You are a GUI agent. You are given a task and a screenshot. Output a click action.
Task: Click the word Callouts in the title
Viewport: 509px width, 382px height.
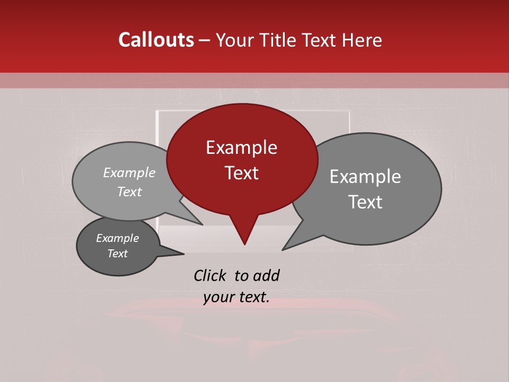point(156,40)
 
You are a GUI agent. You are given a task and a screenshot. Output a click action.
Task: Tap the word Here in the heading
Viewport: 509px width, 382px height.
point(362,40)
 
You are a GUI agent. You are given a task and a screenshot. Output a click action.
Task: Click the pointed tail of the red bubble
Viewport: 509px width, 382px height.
point(244,233)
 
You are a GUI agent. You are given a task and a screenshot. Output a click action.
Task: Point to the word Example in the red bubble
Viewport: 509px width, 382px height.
point(241,147)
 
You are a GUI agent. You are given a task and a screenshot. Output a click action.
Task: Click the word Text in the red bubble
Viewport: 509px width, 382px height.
point(242,173)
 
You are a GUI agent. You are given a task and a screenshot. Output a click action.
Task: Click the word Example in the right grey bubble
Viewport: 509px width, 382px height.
point(365,177)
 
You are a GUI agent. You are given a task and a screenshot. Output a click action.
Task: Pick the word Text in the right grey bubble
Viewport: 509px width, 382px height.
point(365,202)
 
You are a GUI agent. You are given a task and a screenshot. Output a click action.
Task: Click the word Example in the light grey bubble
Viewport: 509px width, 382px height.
point(129,172)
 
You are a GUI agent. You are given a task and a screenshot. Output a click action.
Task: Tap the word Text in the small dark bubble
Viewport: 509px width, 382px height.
point(118,254)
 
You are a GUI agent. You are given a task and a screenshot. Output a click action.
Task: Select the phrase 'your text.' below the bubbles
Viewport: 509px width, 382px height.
point(236,298)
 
